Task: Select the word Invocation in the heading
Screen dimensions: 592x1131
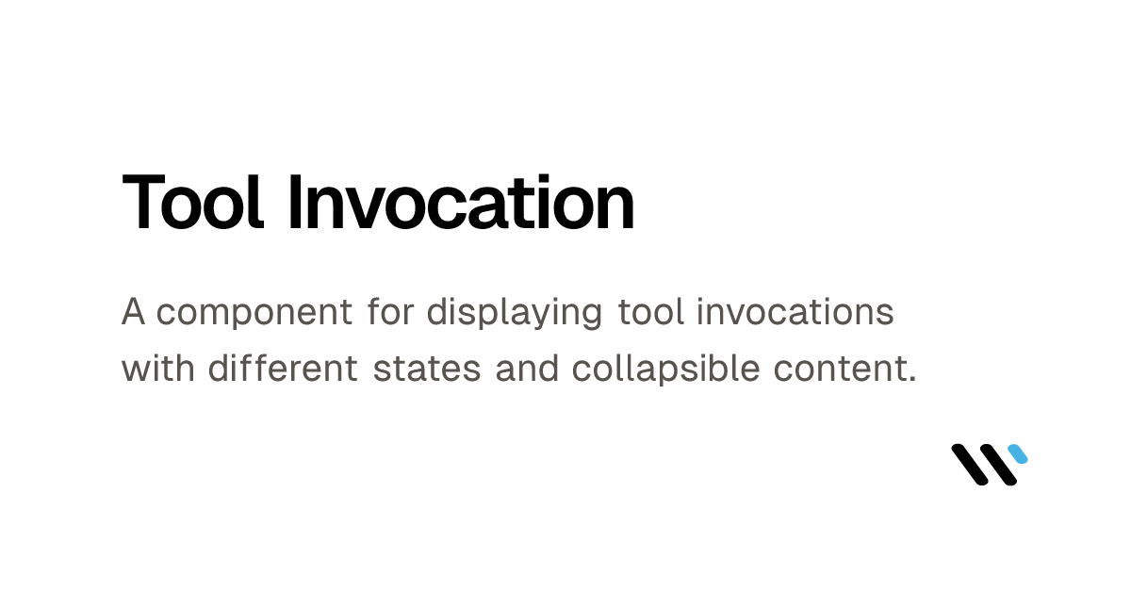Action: point(461,203)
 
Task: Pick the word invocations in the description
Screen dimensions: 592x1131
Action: point(795,312)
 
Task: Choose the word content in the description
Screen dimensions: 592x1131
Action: point(828,369)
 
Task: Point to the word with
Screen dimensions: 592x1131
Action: point(157,369)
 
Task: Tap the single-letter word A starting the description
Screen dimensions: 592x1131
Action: point(133,312)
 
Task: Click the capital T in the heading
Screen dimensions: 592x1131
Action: point(142,203)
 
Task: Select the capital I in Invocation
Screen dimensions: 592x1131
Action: point(293,203)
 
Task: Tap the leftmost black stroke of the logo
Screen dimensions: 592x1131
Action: point(969,465)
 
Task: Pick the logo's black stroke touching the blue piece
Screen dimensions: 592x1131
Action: point(1000,466)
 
